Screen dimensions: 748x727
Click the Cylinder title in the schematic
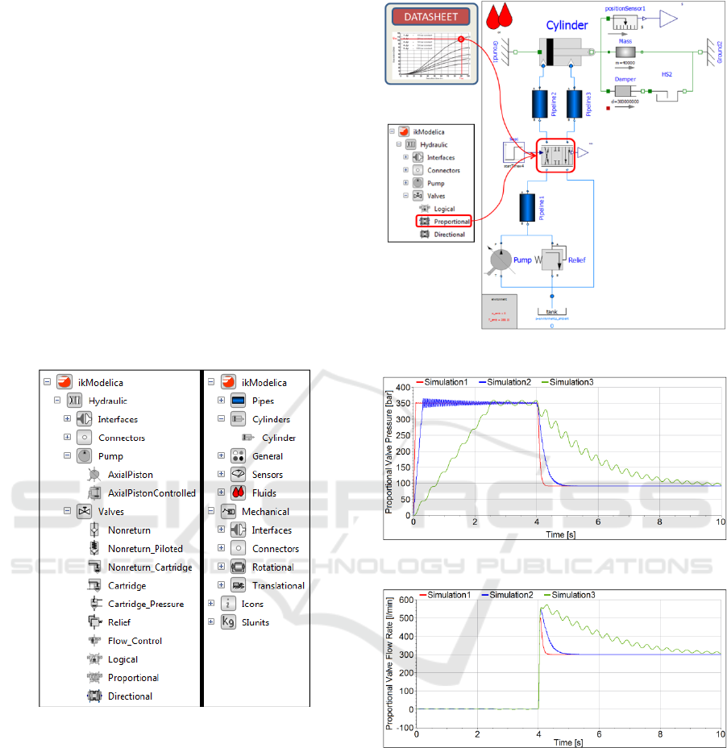coord(567,25)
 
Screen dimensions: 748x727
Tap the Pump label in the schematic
coord(525,261)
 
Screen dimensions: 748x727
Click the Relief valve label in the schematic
coord(576,261)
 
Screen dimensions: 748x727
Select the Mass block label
coord(625,39)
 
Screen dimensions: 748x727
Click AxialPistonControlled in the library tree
coord(152,493)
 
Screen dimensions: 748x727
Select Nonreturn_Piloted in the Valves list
coord(145,549)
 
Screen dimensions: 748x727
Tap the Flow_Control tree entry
coord(135,641)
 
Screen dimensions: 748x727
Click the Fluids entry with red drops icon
coord(259,493)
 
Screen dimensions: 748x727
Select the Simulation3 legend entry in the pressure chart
coord(571,380)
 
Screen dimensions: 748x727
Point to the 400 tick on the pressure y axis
coord(402,388)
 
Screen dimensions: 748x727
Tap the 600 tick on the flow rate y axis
coord(402,600)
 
